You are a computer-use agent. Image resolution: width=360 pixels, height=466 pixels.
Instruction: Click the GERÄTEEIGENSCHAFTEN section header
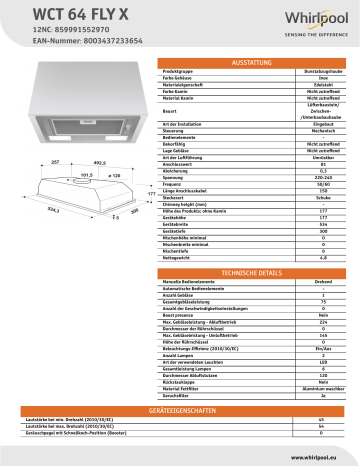181,410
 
